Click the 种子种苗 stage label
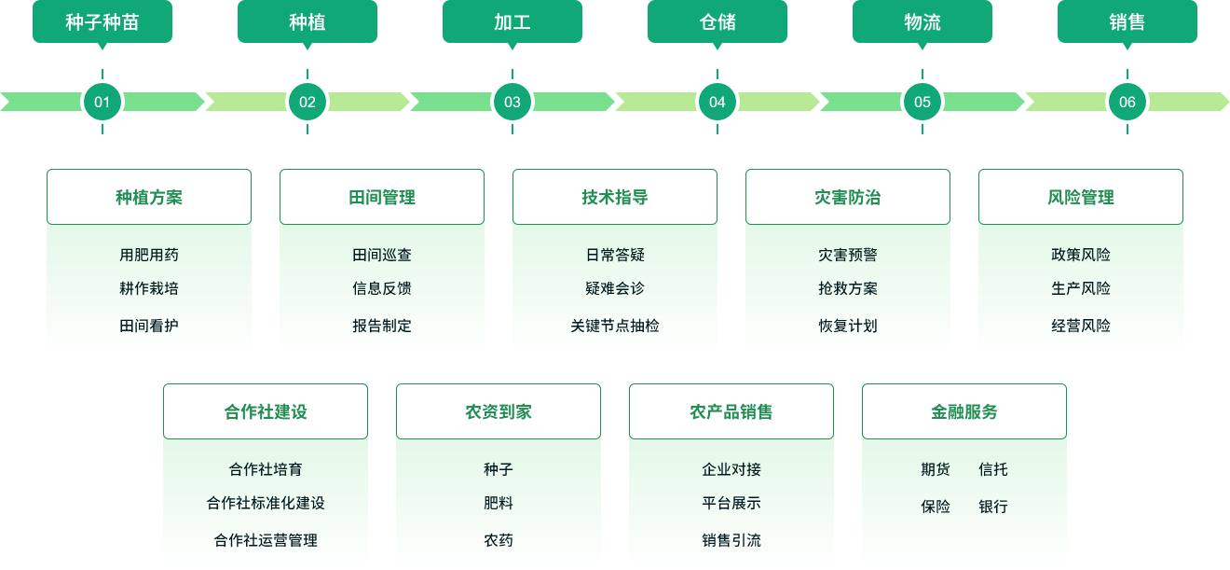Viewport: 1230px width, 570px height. (x=102, y=21)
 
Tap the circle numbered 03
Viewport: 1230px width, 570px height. (x=512, y=102)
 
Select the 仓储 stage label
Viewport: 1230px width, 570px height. (x=717, y=21)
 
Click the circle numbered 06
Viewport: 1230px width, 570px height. (x=1127, y=102)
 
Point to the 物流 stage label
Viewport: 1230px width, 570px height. (x=922, y=21)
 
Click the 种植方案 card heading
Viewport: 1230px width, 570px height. (x=149, y=197)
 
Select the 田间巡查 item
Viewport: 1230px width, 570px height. (x=382, y=255)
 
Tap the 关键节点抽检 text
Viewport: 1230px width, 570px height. (x=615, y=326)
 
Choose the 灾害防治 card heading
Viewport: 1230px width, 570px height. (x=848, y=197)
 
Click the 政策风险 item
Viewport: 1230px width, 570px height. (x=1081, y=255)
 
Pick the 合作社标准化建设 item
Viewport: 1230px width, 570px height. (x=266, y=503)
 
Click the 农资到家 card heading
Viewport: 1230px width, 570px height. (x=499, y=411)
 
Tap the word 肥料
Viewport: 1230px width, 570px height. (x=499, y=503)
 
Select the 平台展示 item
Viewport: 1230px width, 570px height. (x=731, y=503)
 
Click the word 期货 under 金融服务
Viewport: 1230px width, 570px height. (x=936, y=469)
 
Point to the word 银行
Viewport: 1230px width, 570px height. (x=993, y=507)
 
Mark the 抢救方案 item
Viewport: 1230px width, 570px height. (x=848, y=288)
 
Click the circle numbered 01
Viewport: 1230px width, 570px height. (x=102, y=102)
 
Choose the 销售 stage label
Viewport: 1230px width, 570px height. (x=1127, y=21)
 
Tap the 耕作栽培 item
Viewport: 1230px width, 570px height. (x=149, y=288)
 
